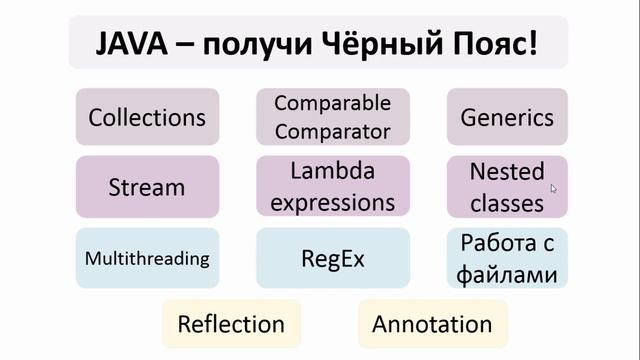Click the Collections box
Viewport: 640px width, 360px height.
pyautogui.click(x=147, y=117)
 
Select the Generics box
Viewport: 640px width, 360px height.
pyautogui.click(x=507, y=117)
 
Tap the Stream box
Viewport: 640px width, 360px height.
pyautogui.click(x=147, y=187)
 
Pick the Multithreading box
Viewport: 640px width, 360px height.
pyautogui.click(x=147, y=259)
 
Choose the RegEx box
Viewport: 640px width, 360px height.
pyautogui.click(x=333, y=259)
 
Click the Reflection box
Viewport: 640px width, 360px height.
pyautogui.click(x=231, y=324)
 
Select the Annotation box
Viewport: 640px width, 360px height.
pyautogui.click(x=432, y=324)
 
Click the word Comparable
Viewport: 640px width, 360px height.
pyautogui.click(x=333, y=104)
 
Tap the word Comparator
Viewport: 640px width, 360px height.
pyautogui.click(x=333, y=130)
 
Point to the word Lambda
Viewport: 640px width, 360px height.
pyautogui.click(x=333, y=172)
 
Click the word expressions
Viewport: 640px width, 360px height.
pyautogui.click(x=333, y=202)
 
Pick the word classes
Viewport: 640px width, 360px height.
pyautogui.click(x=507, y=202)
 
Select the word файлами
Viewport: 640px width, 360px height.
pyautogui.click(x=507, y=273)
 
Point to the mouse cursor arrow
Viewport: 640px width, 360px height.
pyautogui.click(x=553, y=186)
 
